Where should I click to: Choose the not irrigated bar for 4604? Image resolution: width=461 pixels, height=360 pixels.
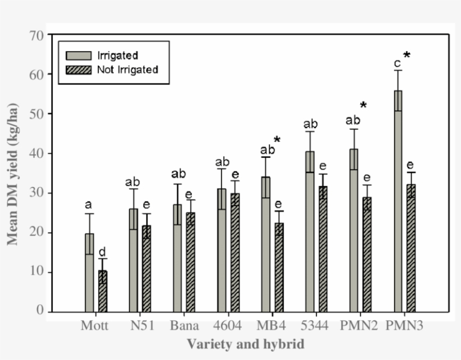click(235, 252)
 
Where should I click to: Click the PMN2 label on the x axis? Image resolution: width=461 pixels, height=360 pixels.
click(360, 326)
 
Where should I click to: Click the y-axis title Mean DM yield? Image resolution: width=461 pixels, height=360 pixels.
click(12, 174)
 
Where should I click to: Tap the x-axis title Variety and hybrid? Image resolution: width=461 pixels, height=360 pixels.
click(246, 343)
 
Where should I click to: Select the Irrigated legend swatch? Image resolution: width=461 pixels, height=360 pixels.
click(74, 55)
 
